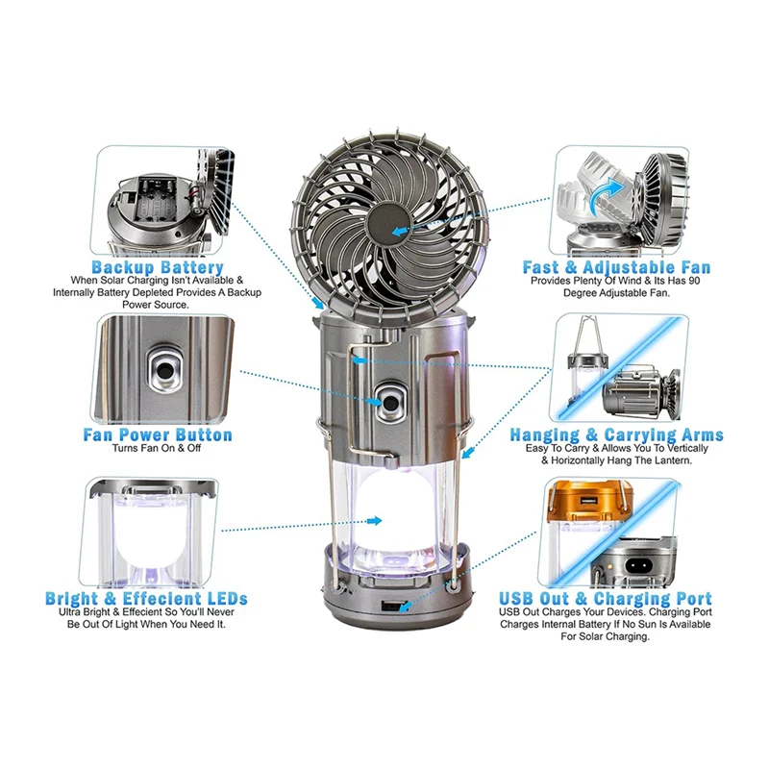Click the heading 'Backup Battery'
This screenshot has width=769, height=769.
158,267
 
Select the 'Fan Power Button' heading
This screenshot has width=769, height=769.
158,434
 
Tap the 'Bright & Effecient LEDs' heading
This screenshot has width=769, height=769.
146,598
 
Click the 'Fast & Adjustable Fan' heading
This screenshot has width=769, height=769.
616,267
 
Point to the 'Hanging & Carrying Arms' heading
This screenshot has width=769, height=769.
616,434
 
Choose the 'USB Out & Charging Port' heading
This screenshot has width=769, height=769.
606,598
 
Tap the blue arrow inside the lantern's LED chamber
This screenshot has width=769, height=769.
375,520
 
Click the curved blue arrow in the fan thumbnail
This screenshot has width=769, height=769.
606,195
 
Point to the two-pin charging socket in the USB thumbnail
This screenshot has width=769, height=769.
639,566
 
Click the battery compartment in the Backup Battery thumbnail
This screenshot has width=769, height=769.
156,200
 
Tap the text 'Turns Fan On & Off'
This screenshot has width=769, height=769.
157,448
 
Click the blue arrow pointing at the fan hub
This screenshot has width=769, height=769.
400,230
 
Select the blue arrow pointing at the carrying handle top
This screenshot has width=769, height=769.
359,360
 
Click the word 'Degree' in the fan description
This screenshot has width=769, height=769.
580,293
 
